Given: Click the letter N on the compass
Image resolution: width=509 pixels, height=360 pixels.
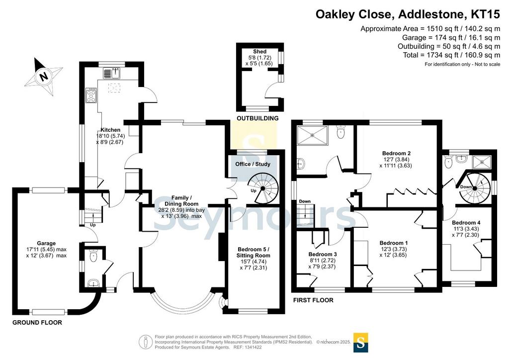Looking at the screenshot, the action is tap(43, 77).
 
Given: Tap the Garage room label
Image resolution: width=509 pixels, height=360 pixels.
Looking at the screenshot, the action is tap(46, 243).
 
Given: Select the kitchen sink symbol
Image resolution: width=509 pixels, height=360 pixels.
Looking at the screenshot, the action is tap(112, 74).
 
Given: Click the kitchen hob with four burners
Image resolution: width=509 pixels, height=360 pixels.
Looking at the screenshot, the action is tap(91, 95).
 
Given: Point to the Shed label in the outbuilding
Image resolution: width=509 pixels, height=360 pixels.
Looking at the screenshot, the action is tap(259, 52).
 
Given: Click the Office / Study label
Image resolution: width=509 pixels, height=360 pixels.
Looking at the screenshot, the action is tap(253, 164).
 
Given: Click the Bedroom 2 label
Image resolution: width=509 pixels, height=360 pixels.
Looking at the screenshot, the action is tap(396, 153).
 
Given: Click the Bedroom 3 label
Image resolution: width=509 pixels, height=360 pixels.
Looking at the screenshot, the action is tap(322, 254).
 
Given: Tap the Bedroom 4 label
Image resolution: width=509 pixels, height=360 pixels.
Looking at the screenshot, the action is tap(466, 223).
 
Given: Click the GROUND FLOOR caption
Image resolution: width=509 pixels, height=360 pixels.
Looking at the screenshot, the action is tap(37, 323).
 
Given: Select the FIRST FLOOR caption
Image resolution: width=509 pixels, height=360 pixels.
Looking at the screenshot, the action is tap(313, 300).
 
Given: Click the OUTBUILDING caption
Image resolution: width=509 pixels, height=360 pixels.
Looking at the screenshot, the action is tap(257, 118).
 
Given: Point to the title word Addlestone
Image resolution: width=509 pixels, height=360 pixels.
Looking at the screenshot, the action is tap(430, 14).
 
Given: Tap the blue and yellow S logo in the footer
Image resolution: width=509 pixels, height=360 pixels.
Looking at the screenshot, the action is tap(361, 343).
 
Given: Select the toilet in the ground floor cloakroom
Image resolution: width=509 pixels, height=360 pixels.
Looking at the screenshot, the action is tap(93, 257).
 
